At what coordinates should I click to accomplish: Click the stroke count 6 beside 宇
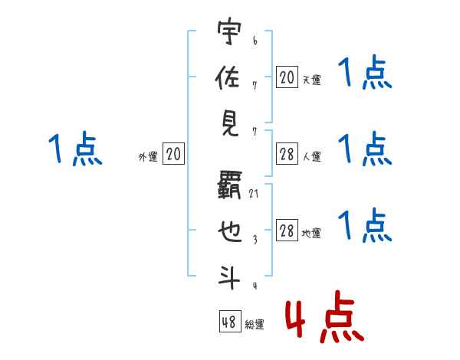255,40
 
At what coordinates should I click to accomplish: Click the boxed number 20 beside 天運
287,77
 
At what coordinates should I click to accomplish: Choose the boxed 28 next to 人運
287,155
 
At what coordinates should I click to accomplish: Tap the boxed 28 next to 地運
287,231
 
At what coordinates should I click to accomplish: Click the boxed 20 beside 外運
173,155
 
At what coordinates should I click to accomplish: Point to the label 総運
255,325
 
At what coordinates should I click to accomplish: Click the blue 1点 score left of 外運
75,149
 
